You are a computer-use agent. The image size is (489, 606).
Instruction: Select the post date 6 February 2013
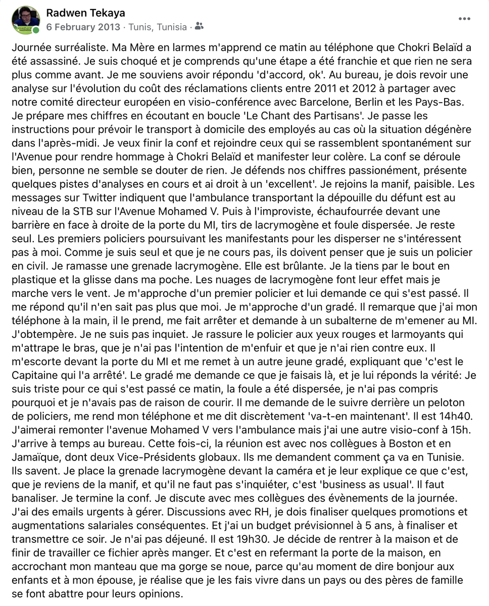pos(83,27)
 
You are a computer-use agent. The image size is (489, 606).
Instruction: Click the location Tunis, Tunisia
pos(158,27)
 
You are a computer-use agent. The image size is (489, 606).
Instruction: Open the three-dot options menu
pos(464,19)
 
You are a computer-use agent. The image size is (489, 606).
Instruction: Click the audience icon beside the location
pos(199,26)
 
